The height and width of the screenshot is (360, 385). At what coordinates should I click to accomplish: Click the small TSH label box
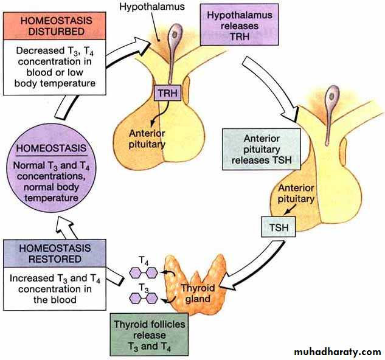point(277,229)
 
